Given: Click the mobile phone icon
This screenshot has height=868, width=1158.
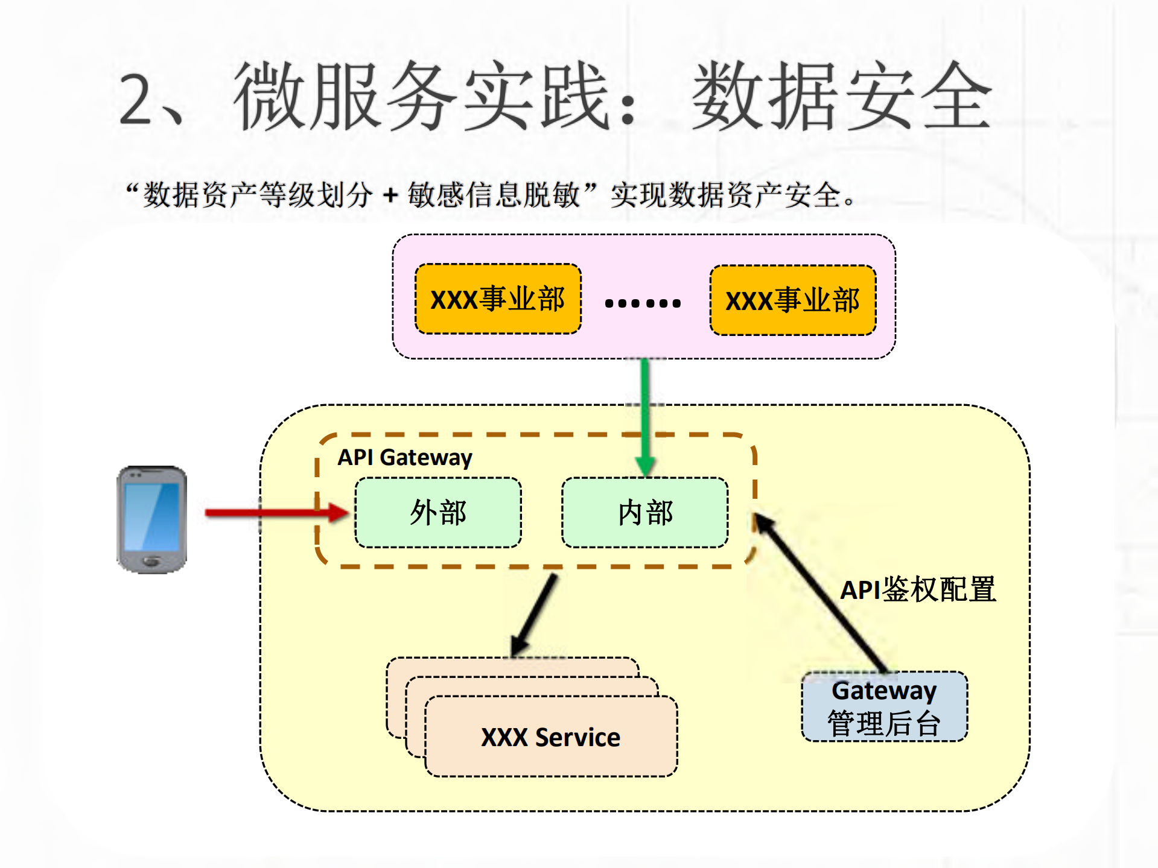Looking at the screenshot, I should (x=151, y=519).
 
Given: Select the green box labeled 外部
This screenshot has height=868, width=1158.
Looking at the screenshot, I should (x=438, y=513).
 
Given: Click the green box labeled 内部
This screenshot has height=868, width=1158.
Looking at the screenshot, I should (x=644, y=513).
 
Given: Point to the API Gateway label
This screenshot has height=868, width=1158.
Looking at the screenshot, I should (x=404, y=457).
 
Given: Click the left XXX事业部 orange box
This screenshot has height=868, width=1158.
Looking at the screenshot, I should (x=498, y=299).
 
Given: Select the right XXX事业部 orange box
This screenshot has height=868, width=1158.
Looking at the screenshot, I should (x=792, y=300).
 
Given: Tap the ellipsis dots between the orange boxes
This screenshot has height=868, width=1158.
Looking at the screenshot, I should (x=643, y=303).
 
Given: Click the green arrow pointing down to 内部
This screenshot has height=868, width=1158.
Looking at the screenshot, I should (x=644, y=416).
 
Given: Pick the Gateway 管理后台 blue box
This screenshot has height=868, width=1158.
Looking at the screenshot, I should (x=884, y=706).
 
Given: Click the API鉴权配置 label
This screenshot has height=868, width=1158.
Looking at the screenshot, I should (x=917, y=589).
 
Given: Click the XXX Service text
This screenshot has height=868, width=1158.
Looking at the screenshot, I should (x=550, y=737).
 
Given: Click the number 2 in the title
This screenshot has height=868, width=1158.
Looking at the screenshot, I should (x=135, y=100).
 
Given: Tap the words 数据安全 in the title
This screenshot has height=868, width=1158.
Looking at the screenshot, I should (x=842, y=97).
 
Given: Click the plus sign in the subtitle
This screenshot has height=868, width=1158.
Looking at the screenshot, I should (x=390, y=195).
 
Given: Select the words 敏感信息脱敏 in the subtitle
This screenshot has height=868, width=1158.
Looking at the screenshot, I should (x=494, y=195).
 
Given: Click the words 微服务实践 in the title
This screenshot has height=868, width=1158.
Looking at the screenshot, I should (x=422, y=97).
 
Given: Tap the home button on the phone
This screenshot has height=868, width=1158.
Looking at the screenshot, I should (x=151, y=562).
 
